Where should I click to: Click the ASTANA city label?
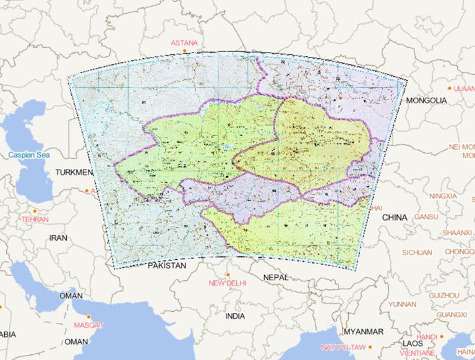pos(185,43)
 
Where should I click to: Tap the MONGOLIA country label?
pos(426,100)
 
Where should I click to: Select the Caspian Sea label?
pos(28,155)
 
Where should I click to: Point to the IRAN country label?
pos(58,237)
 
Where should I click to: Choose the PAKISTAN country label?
pos(167,265)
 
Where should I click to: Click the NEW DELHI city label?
pos(227,283)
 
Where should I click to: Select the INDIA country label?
pos(235,315)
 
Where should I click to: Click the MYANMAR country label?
pos(364,331)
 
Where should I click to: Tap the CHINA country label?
pos(395,218)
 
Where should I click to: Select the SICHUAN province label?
pos(417,252)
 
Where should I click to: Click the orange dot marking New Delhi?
pos(228,274)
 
